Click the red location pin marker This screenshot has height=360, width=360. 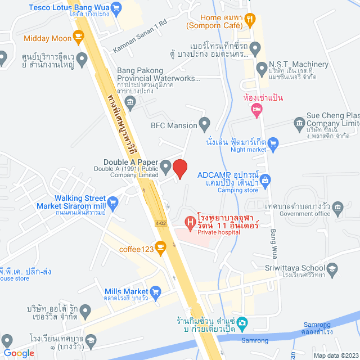179,168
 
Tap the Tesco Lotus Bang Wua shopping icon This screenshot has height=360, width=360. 116,8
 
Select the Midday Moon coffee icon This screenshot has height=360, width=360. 78,38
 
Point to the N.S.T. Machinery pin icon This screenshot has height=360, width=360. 261,69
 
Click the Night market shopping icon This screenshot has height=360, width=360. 273,143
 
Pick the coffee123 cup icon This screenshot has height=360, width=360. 160,247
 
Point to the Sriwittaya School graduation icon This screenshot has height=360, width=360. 332,269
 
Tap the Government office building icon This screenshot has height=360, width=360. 337,207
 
